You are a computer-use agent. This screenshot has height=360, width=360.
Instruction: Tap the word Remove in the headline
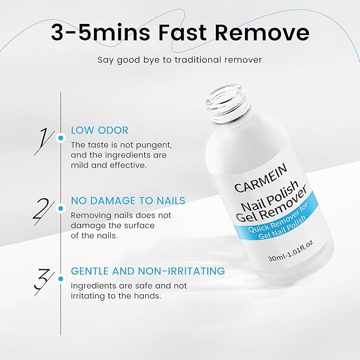tap(265, 33)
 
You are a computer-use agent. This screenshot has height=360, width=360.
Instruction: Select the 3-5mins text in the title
tap(95, 33)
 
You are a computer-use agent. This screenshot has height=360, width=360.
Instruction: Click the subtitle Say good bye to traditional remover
tap(180, 59)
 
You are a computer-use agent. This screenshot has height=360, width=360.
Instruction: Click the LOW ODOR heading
tap(100, 130)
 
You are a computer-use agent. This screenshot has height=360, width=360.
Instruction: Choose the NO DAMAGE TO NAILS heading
tap(128, 201)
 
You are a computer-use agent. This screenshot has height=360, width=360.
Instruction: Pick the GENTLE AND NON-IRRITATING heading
tap(147, 271)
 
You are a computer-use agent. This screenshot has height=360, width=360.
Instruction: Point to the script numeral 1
tap(43, 139)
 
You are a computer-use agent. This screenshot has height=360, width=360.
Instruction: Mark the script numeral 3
tap(43, 280)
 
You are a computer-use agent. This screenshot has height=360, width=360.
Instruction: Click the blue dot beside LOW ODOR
tap(61, 138)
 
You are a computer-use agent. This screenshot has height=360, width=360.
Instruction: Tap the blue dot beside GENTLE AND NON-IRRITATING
tap(61, 278)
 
